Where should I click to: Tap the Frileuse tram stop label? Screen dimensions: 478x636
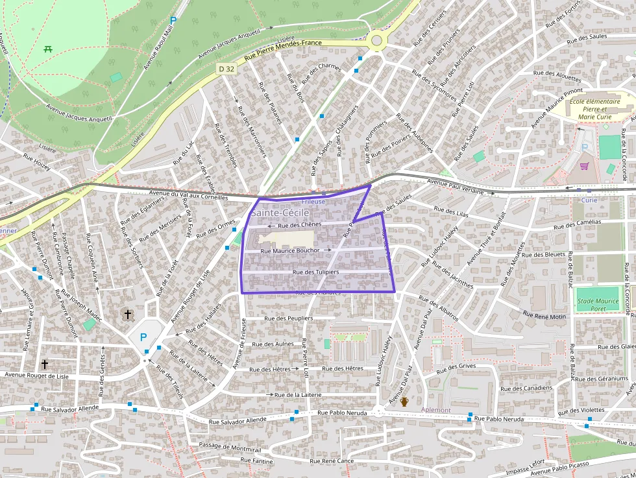331,202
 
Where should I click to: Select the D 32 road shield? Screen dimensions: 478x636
226,68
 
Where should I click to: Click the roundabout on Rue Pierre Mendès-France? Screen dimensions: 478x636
376,42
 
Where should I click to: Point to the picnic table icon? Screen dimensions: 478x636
48,49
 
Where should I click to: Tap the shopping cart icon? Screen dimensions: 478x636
584,166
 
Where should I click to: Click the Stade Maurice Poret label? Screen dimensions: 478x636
598,304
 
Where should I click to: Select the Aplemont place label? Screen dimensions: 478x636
435,410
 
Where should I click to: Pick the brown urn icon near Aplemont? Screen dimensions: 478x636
404,402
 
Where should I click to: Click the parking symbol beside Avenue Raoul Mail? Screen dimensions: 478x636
173,21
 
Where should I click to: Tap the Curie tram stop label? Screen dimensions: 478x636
589,200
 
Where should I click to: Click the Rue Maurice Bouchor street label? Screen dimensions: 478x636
290,250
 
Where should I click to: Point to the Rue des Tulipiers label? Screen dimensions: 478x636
316,272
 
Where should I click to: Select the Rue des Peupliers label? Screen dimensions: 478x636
289,318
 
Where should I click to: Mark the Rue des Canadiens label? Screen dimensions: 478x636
527,388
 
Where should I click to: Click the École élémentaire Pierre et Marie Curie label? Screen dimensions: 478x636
593,110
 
